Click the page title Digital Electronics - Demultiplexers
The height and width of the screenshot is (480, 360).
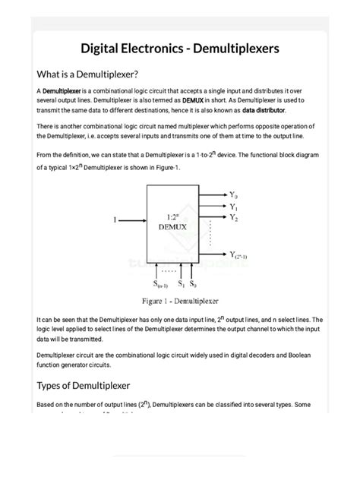pyautogui.click(x=179, y=49)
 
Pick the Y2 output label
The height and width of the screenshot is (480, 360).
pyautogui.click(x=235, y=218)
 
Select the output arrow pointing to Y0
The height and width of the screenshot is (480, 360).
pyautogui.click(x=214, y=195)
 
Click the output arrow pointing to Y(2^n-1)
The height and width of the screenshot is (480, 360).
pyautogui.click(x=214, y=254)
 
